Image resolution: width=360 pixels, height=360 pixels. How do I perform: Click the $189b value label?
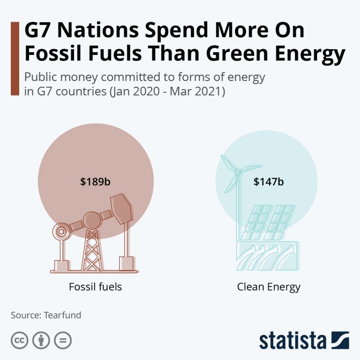point(95,181)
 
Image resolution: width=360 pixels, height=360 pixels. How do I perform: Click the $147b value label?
point(269,181)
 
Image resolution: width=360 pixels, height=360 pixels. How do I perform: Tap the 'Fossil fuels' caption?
point(95,286)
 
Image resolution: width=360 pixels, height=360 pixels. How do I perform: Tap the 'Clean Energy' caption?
point(269,286)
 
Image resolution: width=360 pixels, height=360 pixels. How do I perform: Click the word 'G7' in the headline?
point(39,31)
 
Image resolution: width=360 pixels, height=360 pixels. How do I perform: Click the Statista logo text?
point(292,340)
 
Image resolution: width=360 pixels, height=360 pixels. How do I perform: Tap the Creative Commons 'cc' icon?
point(19,340)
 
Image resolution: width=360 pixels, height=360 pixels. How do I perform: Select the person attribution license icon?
point(41,340)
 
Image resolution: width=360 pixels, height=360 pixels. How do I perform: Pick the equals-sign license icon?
point(63,340)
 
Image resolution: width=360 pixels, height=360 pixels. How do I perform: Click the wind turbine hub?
point(237,172)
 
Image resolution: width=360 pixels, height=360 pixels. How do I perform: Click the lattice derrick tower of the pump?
point(92,248)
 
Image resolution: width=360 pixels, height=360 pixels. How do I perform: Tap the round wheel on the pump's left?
point(60,231)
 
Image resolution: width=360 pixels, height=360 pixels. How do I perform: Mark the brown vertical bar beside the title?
point(15,58)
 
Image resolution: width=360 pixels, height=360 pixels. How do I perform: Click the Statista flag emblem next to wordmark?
point(340,340)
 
